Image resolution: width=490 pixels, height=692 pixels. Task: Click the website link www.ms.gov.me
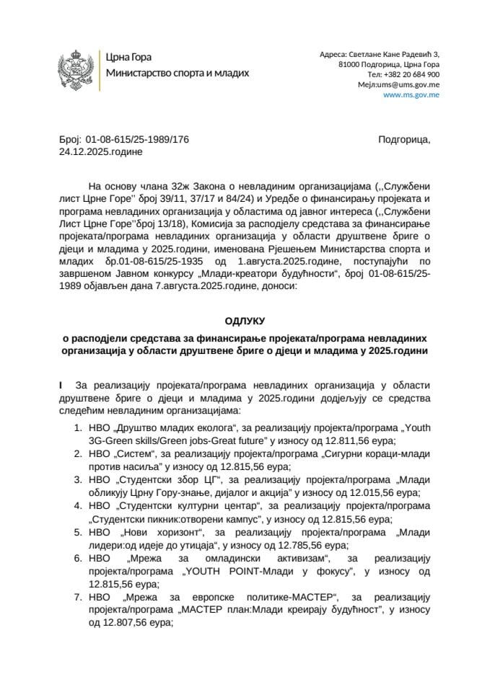click(x=411, y=94)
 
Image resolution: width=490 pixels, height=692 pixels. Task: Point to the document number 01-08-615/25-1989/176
click(x=137, y=140)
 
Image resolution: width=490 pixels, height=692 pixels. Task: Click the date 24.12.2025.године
click(x=101, y=152)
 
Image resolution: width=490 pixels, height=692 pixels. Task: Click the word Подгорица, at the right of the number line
click(x=404, y=140)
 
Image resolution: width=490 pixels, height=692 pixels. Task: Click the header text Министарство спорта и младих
click(x=178, y=73)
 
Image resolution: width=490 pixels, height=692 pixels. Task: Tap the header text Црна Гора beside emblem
click(x=128, y=57)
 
